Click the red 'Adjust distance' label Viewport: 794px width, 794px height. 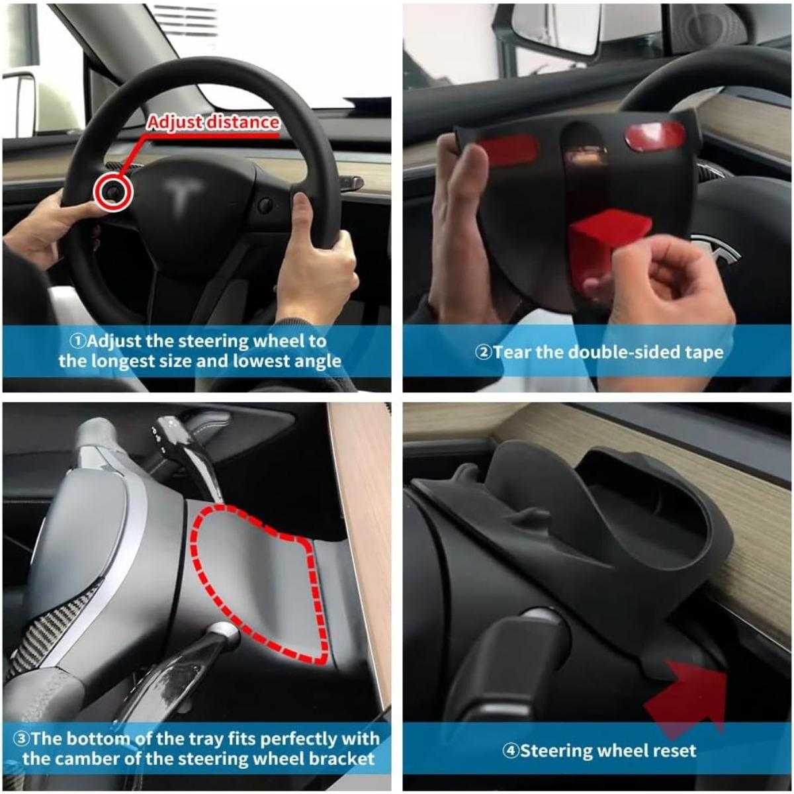[213, 122]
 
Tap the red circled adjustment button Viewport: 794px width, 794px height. [113, 192]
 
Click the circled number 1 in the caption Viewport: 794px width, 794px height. [78, 341]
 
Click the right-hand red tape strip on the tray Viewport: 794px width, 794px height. [654, 136]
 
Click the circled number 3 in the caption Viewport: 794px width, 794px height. [21, 738]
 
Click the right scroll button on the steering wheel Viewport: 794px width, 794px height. [265, 204]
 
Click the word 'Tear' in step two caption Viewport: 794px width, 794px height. [512, 351]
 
